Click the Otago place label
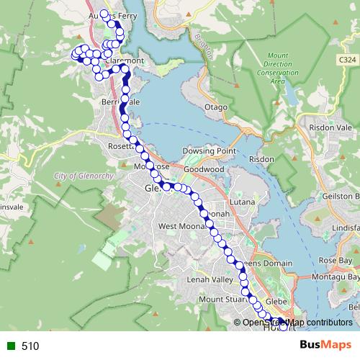[x=216, y=107]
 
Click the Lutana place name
[x=242, y=202]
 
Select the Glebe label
[x=277, y=301]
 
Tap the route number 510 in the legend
[x=30, y=346]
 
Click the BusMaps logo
[x=325, y=345]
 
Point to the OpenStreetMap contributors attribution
[x=297, y=323]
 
